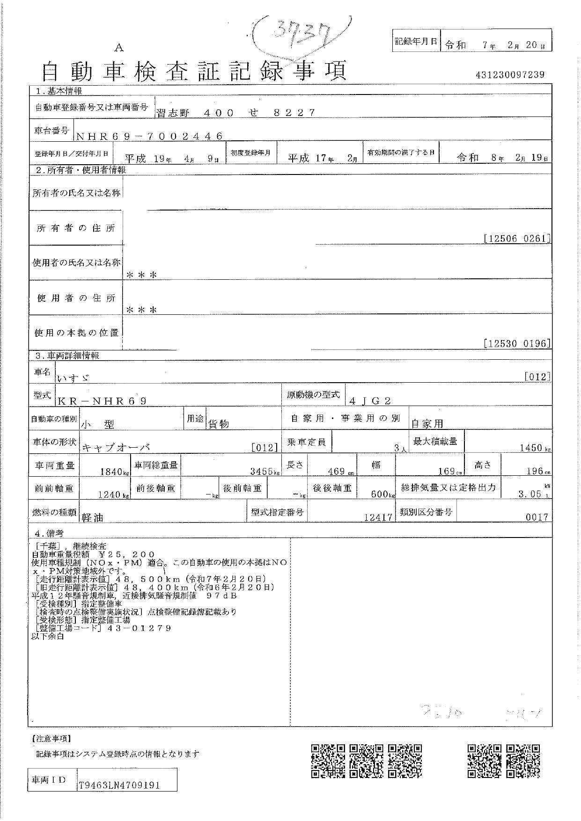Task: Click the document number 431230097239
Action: click(x=510, y=74)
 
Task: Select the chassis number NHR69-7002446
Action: click(x=149, y=136)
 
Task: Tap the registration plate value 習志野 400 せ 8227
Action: click(x=236, y=112)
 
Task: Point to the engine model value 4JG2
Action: click(x=370, y=400)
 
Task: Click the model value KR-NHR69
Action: click(x=103, y=401)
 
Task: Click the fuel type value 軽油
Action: click(x=93, y=517)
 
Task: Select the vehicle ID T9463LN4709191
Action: click(x=119, y=785)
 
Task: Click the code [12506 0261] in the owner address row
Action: click(x=516, y=239)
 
